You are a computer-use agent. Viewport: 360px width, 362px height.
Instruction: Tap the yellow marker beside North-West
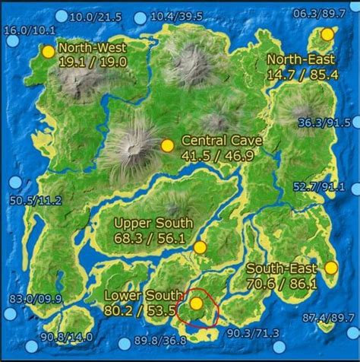tap(49, 52)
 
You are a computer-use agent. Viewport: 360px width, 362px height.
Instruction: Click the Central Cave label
tap(223, 141)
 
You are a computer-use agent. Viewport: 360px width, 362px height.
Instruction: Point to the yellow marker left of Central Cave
tap(168, 145)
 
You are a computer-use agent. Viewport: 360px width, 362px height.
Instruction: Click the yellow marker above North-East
tap(327, 34)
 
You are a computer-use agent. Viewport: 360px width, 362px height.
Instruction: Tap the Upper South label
tap(153, 223)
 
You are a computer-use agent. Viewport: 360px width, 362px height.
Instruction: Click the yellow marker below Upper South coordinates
tap(200, 247)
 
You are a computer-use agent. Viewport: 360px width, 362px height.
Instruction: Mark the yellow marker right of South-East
tap(331, 267)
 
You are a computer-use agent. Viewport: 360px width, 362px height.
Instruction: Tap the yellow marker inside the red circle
tap(196, 303)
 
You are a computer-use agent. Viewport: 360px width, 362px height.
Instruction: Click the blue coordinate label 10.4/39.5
tap(176, 17)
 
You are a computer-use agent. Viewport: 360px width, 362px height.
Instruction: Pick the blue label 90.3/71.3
tap(253, 333)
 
